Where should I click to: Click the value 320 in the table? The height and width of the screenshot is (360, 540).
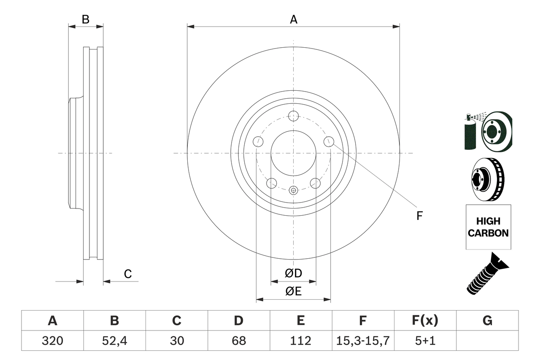pyautogui.click(x=52, y=341)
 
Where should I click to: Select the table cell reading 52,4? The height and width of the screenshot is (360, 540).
pyautogui.click(x=114, y=341)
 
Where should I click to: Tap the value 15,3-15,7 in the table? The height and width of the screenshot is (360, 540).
pyautogui.click(x=363, y=341)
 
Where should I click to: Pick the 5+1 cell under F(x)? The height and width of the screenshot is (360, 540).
pyautogui.click(x=425, y=341)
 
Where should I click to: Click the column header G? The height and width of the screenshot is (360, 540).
pyautogui.click(x=487, y=321)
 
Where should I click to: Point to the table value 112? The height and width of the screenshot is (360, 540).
pyautogui.click(x=300, y=341)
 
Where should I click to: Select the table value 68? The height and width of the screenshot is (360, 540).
pyautogui.click(x=239, y=341)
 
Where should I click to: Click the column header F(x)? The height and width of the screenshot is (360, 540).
pyautogui.click(x=425, y=321)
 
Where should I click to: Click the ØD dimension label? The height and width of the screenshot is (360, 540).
pyautogui.click(x=294, y=273)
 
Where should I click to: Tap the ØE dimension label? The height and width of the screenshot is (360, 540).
pyautogui.click(x=294, y=291)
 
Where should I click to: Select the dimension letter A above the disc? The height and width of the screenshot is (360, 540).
pyautogui.click(x=294, y=19)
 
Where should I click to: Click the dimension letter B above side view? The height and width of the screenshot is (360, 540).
pyautogui.click(x=86, y=19)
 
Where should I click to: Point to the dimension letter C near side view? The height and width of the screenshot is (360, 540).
pyautogui.click(x=128, y=274)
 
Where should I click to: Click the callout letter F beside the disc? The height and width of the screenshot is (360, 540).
pyautogui.click(x=419, y=216)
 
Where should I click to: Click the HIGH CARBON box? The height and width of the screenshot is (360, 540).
pyautogui.click(x=488, y=227)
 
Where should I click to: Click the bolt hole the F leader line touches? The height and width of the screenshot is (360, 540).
pyautogui.click(x=329, y=142)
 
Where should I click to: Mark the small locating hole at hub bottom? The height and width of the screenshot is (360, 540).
pyautogui.click(x=294, y=190)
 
